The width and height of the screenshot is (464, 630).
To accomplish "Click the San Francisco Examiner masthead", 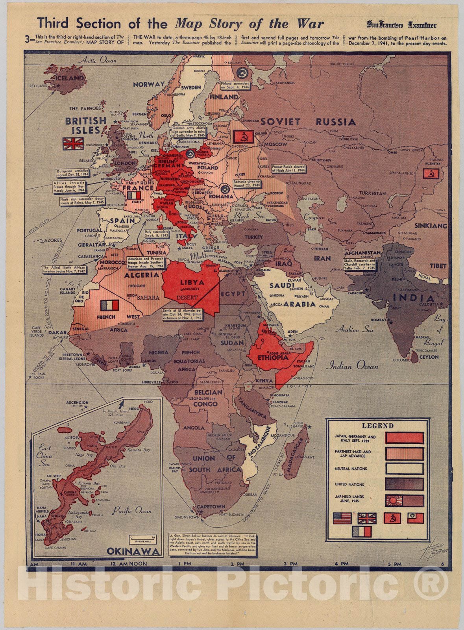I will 402,24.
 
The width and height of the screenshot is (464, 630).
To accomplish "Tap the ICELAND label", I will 69,78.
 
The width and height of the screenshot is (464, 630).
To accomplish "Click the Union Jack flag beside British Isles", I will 73,144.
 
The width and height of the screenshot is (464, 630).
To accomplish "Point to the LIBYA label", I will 192,282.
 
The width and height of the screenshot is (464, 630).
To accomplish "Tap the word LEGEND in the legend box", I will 377,426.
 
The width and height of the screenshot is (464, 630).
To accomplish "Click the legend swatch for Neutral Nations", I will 404,469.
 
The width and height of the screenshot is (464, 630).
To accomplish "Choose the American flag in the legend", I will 342,518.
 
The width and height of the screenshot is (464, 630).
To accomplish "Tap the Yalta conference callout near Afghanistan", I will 360,264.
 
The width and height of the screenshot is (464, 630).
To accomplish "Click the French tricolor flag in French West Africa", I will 109,305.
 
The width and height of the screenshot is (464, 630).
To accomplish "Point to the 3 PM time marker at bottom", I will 291,564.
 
